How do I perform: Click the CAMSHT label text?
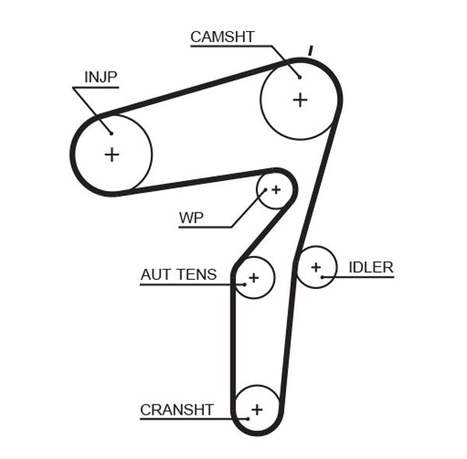tap(222, 37)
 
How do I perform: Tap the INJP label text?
tap(100, 76)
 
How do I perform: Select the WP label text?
tap(191, 217)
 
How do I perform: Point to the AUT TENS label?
tap(178, 274)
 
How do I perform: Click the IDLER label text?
tap(370, 267)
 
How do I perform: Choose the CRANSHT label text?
tap(177, 409)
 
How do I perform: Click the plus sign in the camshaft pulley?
tap(300, 100)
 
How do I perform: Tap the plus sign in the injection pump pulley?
tap(111, 154)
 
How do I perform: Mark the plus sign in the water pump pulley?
tap(276, 189)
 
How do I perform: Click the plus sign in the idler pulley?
tap(316, 267)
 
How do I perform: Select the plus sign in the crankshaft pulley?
tap(257, 409)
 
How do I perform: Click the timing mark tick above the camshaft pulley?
tap(311, 51)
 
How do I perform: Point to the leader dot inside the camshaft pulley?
tap(298, 76)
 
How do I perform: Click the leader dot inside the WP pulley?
tap(265, 189)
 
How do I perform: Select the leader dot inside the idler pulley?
tap(322, 277)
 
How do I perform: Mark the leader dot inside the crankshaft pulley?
tap(247, 419)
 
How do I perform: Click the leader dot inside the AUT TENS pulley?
tap(244, 284)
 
